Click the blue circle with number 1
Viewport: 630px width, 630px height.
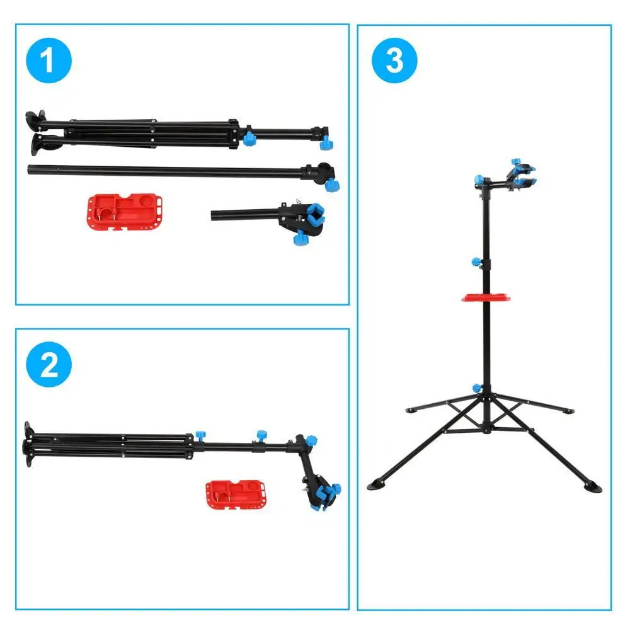(49, 62)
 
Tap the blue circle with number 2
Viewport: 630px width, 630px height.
(49, 366)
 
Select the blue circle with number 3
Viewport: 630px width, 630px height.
(394, 62)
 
